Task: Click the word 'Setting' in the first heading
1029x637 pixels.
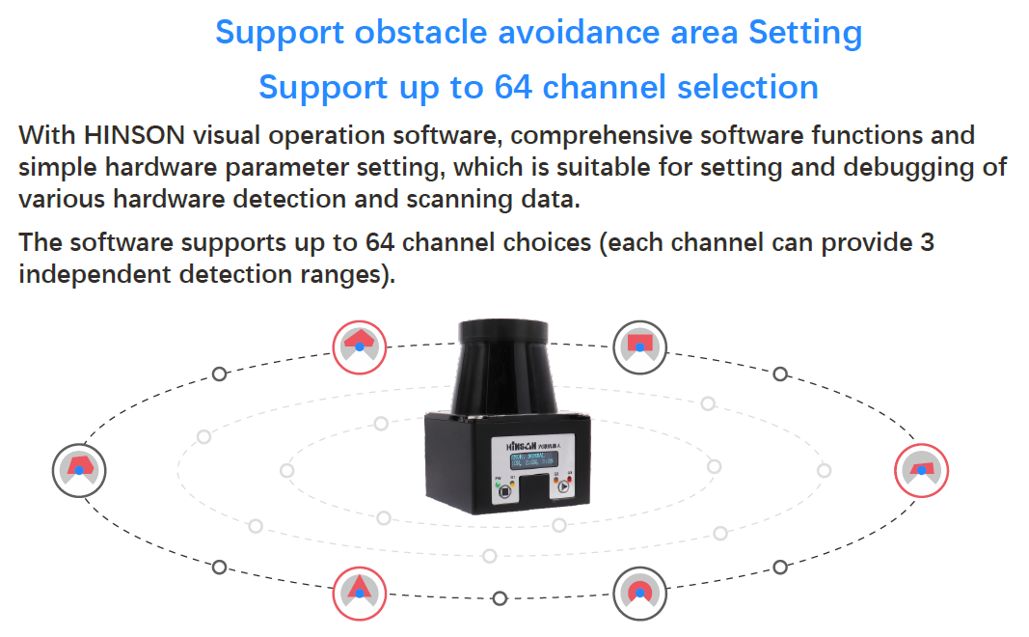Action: (805, 33)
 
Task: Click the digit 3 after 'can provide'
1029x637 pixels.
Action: (927, 241)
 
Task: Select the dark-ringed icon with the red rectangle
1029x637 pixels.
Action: (640, 345)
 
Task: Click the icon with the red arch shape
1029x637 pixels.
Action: (639, 591)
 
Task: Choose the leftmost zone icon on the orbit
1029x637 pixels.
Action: (78, 470)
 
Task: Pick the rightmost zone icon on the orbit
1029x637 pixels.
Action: (922, 470)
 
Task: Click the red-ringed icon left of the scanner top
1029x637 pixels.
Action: (359, 345)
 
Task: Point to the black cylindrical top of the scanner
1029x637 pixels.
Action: (506, 362)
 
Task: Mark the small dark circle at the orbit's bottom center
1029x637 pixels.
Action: (499, 598)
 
